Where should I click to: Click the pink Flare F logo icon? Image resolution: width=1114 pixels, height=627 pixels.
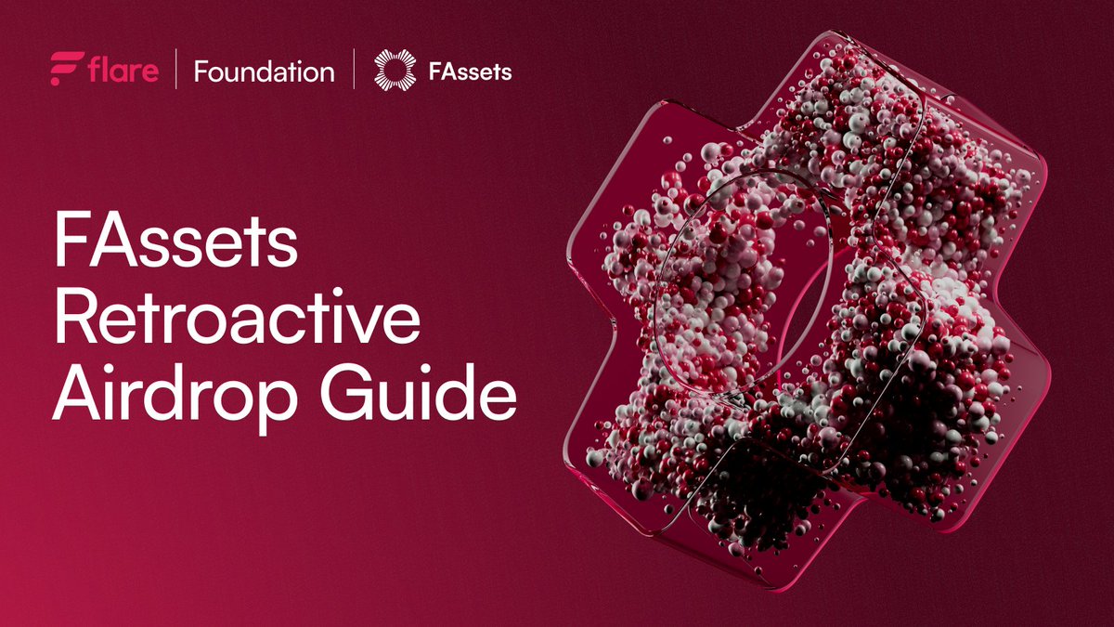click(67, 69)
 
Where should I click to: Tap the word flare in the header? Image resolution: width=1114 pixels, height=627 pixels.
click(123, 70)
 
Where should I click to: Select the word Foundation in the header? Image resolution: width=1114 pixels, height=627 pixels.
click(264, 72)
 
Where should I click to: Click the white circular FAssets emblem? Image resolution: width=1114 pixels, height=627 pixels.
click(395, 71)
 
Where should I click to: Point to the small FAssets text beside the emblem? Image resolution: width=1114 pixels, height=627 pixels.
click(470, 72)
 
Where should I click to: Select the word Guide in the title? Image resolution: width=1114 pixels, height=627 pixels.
click(418, 392)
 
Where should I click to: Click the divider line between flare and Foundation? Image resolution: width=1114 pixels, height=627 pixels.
click(176, 69)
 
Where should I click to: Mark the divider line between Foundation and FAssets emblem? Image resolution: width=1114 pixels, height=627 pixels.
click(354, 69)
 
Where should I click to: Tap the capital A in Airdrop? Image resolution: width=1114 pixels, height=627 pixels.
click(80, 392)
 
